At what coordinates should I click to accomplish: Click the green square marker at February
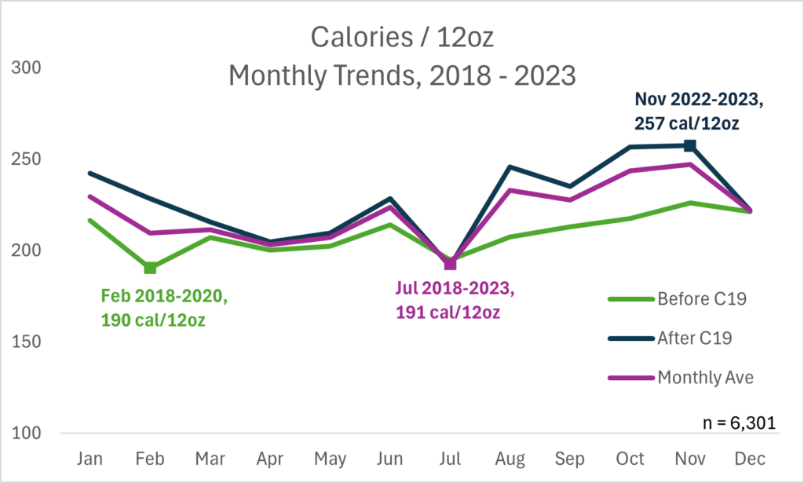[x=150, y=268]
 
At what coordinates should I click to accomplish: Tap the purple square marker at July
[x=450, y=264]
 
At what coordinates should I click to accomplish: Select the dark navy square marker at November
[x=689, y=145]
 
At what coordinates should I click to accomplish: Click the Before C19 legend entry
[x=679, y=298]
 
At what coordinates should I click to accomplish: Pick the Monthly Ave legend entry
[x=679, y=378]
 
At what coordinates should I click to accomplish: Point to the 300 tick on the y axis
[x=29, y=68]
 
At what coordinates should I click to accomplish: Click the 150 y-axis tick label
[x=29, y=342]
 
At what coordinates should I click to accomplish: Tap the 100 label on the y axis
[x=29, y=434]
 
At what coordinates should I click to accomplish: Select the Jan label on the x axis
[x=90, y=459]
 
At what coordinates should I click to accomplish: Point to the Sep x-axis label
[x=570, y=459]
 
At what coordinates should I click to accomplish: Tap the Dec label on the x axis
[x=750, y=459]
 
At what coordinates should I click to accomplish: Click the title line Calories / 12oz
[x=401, y=37]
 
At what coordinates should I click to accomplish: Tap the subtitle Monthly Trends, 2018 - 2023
[x=401, y=76]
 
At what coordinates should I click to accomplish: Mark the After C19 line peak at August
[x=510, y=166]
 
